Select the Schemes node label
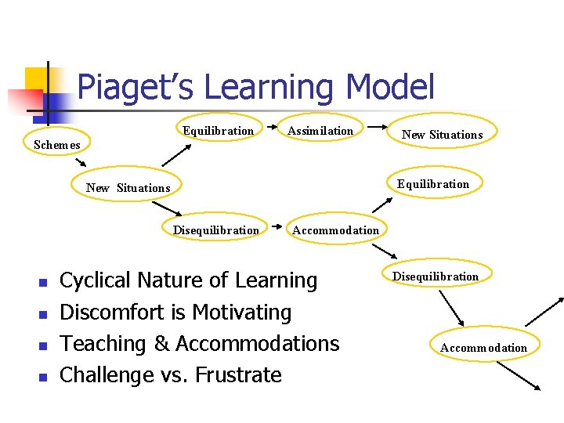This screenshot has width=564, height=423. tap(57, 144)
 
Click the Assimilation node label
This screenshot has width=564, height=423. tap(320, 130)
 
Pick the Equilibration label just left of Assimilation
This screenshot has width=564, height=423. tap(218, 130)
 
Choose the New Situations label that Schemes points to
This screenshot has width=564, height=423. tap(128, 187)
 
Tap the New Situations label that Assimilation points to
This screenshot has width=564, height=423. tap(442, 135)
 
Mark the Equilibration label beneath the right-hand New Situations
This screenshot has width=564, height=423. tap(432, 184)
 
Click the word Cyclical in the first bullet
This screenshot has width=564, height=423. tap(99, 280)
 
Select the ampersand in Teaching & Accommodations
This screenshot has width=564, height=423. tap(161, 344)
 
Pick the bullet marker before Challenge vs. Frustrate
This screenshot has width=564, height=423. tap(44, 377)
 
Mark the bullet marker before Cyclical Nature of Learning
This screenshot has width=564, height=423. tap(44, 282)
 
